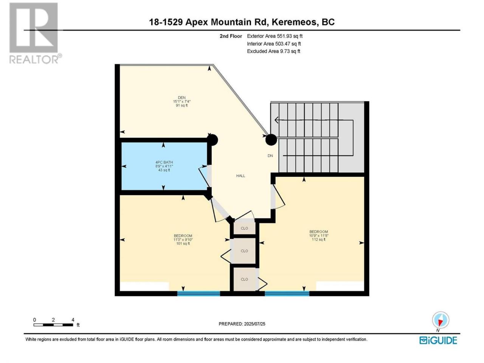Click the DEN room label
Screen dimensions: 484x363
click(x=182, y=98)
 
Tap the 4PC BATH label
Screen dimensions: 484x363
click(x=164, y=162)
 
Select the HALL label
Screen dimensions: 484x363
click(x=240, y=176)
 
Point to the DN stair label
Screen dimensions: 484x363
click(x=270, y=156)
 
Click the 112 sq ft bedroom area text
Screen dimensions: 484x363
click(x=318, y=239)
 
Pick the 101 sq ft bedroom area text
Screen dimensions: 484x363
click(x=183, y=243)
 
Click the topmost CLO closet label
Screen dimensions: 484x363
click(x=244, y=228)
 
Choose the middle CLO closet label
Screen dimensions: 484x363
click(x=244, y=251)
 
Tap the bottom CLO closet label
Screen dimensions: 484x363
click(x=244, y=279)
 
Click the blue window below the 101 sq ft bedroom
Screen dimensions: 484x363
click(x=199, y=293)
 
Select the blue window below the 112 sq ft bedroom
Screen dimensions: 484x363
click(x=287, y=293)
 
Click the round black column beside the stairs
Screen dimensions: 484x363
click(x=271, y=140)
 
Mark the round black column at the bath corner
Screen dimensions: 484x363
click(x=213, y=140)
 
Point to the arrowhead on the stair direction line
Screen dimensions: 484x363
click(x=276, y=120)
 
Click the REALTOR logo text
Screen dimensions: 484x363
click(x=34, y=59)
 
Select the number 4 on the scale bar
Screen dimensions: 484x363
click(x=73, y=320)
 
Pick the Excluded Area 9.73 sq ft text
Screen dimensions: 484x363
click(x=273, y=51)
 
